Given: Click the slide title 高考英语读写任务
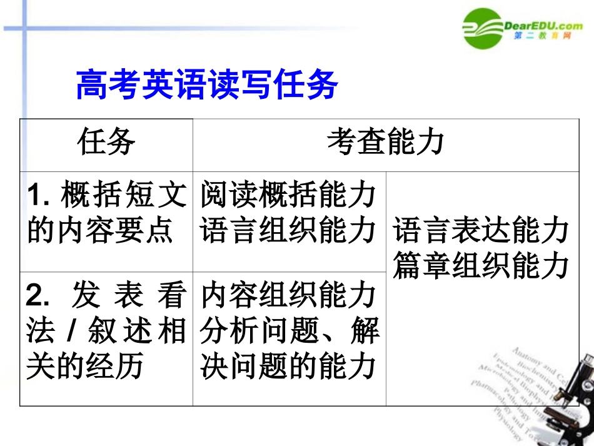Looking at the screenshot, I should [206, 84].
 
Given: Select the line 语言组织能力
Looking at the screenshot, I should [288, 230].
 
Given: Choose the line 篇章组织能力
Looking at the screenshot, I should [481, 265].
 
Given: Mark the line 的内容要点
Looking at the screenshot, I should [99, 230].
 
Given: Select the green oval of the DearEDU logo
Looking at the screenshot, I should [483, 28].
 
